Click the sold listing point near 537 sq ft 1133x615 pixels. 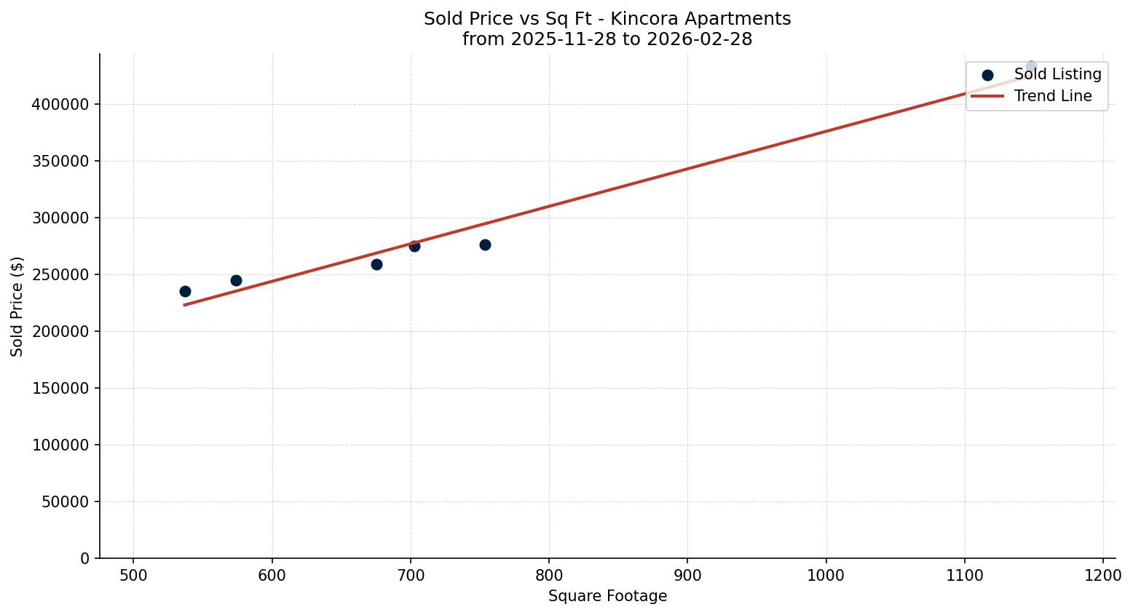click(185, 291)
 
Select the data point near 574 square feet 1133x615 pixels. click(236, 280)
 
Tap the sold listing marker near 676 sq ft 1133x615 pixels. click(376, 264)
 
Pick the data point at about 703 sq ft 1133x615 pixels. click(414, 246)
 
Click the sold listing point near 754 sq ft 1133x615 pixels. click(485, 245)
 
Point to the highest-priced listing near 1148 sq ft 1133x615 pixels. click(1031, 66)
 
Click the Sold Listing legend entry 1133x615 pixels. click(1057, 74)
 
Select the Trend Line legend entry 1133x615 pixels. click(1053, 96)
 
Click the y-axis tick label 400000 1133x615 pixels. click(60, 105)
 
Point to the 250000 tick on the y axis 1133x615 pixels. click(60, 275)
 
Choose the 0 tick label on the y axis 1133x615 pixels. click(85, 559)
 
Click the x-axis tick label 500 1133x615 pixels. click(133, 576)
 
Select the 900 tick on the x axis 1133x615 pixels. click(687, 576)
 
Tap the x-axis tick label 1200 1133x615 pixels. click(1103, 576)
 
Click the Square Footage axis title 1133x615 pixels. click(607, 597)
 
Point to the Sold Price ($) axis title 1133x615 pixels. click(17, 306)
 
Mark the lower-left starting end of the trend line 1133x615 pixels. click(184, 305)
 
